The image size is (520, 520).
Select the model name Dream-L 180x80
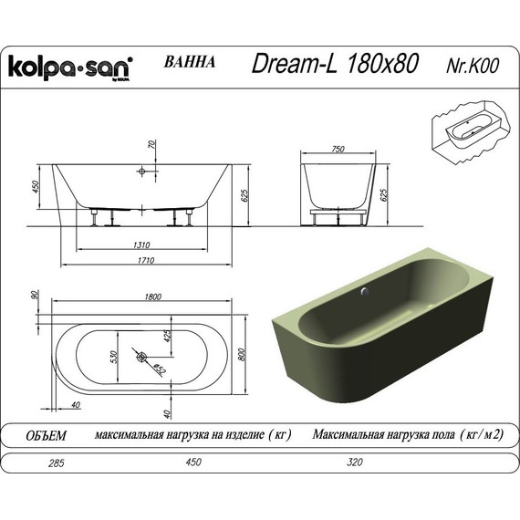point(335,64)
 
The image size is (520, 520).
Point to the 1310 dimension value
point(140,244)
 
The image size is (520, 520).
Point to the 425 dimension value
point(168,337)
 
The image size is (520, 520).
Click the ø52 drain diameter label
point(158,369)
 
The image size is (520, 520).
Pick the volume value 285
point(32,463)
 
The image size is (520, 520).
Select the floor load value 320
point(355,463)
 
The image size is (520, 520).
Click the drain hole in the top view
point(141,356)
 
